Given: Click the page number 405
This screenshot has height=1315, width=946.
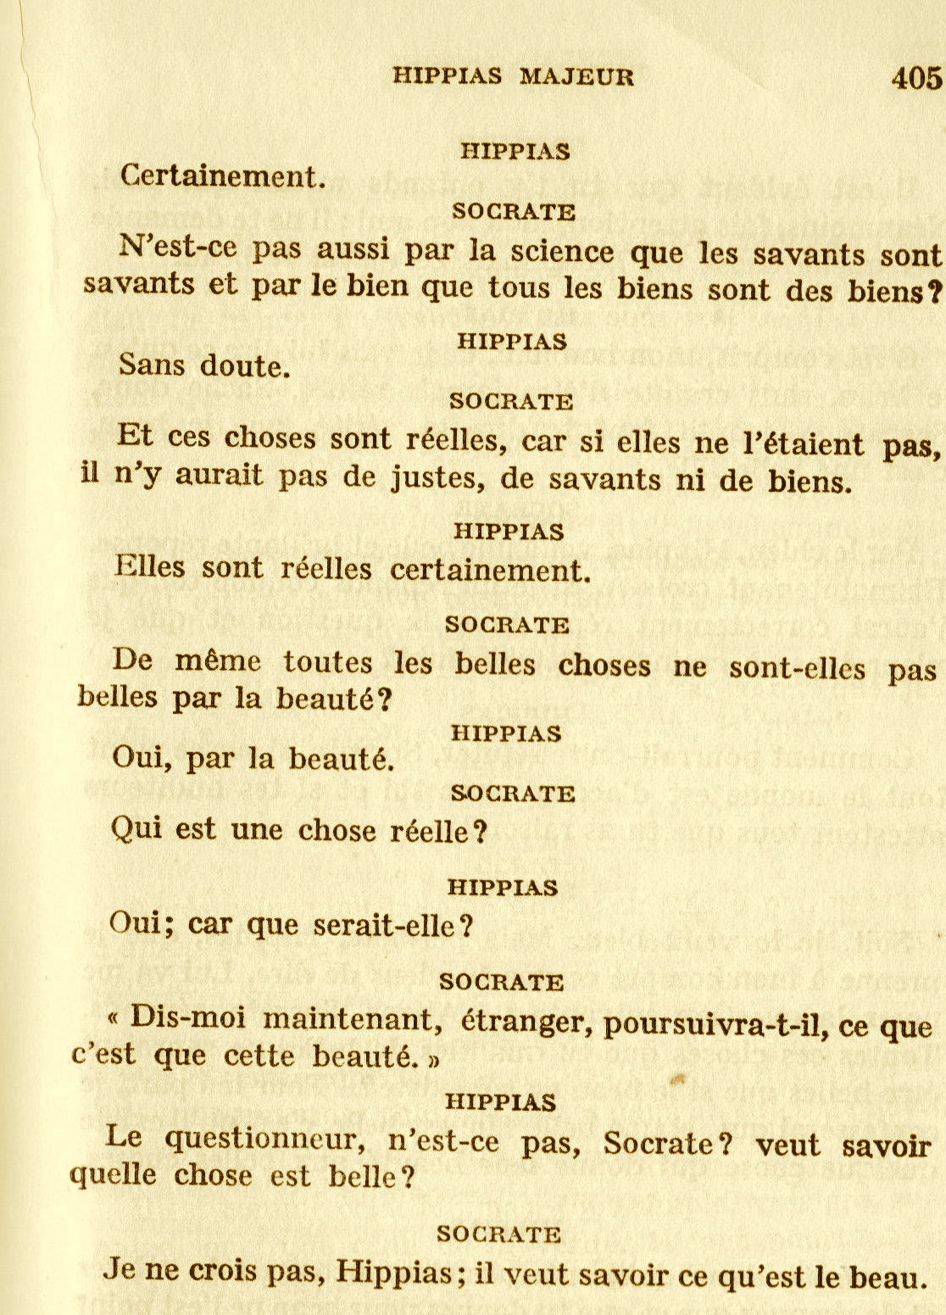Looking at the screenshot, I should (916, 78).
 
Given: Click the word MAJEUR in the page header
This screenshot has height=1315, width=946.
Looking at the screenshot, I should (576, 77).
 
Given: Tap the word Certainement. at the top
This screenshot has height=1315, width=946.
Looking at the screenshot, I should (223, 176).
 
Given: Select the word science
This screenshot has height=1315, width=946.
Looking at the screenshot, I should (556, 252).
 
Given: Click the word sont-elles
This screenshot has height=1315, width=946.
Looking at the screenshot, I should (798, 668).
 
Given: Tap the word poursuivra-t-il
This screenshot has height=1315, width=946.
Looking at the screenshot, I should (718, 1026).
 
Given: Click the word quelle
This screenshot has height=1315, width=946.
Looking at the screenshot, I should (112, 1175).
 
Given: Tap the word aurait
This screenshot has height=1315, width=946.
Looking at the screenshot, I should (219, 476).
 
